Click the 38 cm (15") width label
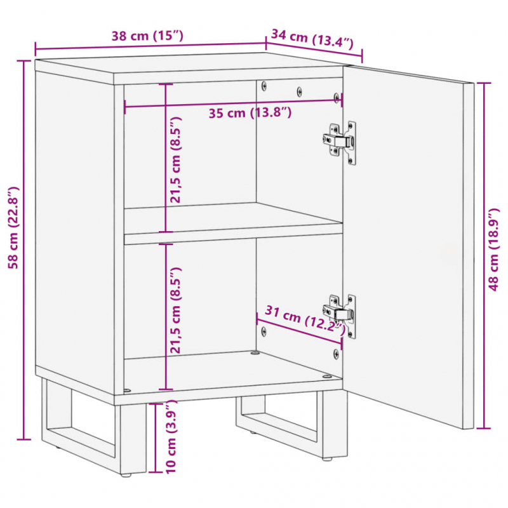point(147,36)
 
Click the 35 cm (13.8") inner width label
point(250,114)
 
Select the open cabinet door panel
point(406,248)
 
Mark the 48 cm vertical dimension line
point(485,254)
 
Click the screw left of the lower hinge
point(264,330)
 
